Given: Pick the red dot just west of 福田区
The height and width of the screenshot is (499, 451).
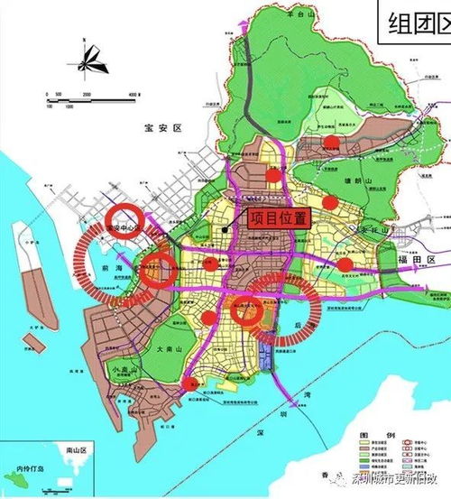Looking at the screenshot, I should tap(345, 263).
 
